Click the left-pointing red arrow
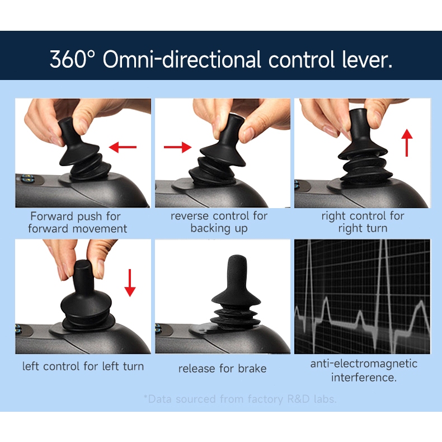123,147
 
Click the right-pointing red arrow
177,147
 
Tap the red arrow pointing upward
407,143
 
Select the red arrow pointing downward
130,283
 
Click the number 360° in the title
72,59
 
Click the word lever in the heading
367,59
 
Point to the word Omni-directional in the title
182,59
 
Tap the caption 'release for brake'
223,369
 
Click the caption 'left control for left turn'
83,366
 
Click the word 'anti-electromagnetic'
364,364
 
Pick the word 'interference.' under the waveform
364,377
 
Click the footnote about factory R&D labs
240,399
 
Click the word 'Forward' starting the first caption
52,216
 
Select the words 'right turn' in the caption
363,228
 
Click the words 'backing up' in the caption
219,228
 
